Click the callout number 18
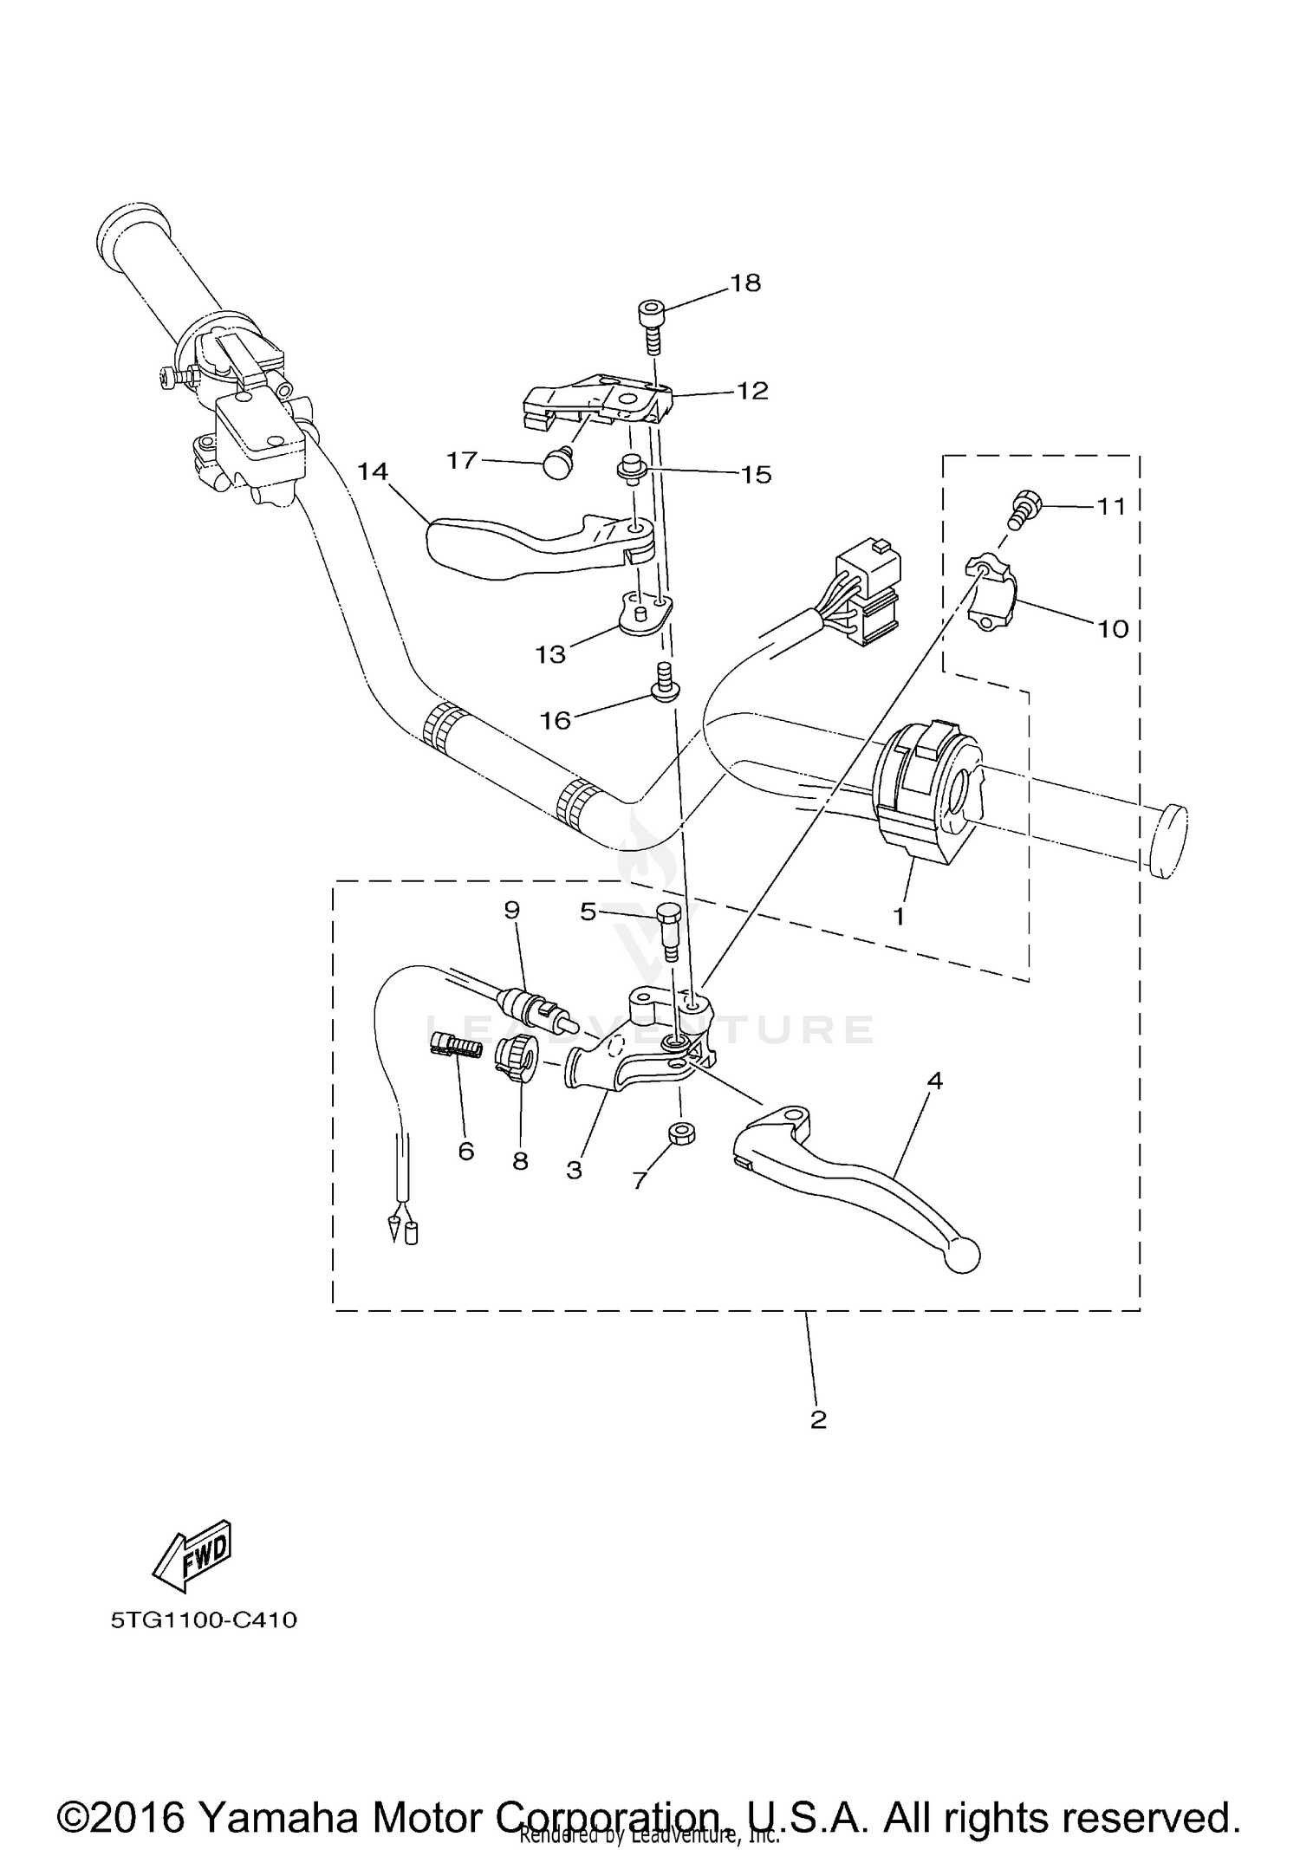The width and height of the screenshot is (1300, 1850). coord(745,283)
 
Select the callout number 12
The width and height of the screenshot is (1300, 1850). coord(752,391)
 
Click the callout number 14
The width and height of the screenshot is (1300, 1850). coord(374,472)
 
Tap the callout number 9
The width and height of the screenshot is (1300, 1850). coord(511,910)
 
